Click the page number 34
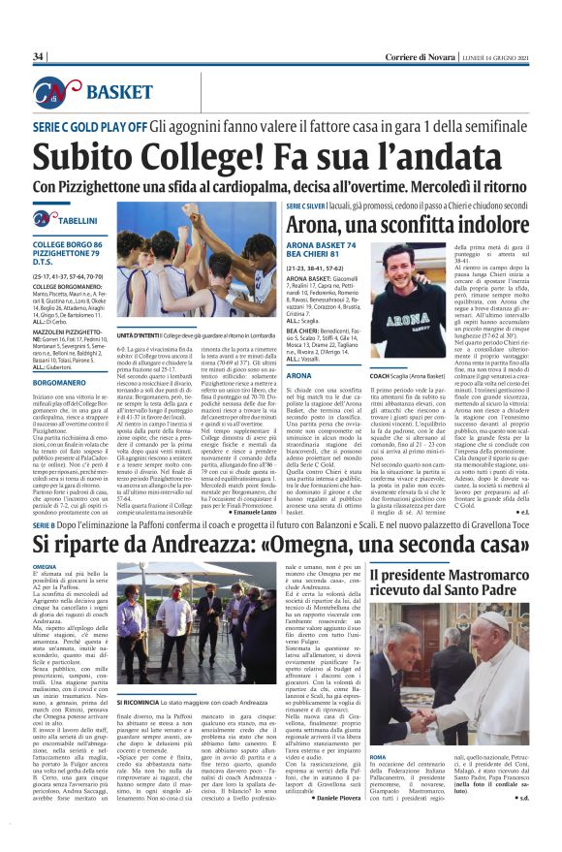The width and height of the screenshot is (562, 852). (x=39, y=57)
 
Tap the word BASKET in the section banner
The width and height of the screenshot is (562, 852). (x=119, y=93)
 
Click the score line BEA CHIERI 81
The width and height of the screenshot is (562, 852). (x=316, y=254)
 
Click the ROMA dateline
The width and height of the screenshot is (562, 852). (x=379, y=756)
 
